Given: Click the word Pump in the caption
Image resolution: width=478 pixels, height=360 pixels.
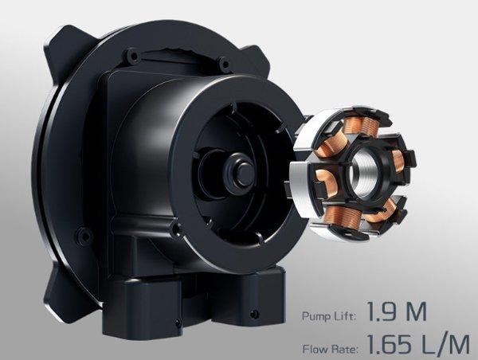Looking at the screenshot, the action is pyautogui.click(x=317, y=316).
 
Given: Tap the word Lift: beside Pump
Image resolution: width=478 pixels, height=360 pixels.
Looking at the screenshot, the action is pyautogui.click(x=345, y=315).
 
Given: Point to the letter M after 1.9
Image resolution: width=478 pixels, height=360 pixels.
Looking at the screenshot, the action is pyautogui.click(x=415, y=311).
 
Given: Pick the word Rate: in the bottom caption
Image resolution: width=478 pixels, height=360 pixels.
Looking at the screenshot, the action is pyautogui.click(x=343, y=348).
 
